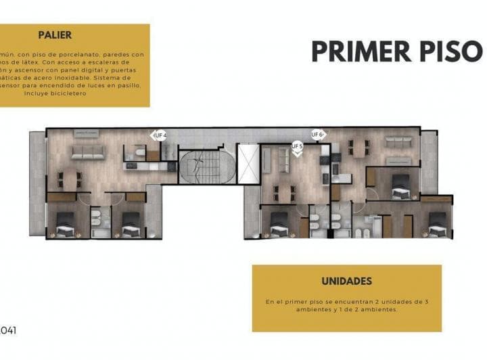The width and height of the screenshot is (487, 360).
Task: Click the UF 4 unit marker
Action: click(159, 135)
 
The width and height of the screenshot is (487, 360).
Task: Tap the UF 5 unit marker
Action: click(296, 145)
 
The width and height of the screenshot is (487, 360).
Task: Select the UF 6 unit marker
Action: click(317, 134)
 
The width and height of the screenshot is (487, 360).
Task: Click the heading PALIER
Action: click(55, 35)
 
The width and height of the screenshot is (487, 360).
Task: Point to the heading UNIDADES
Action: click(346, 281)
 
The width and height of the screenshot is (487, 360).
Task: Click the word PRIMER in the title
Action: click(361, 51)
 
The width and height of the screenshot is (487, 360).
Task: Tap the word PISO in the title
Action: click(450, 51)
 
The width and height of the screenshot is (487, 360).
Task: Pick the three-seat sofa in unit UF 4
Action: click(88, 152)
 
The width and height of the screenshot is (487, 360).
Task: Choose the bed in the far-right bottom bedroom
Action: click(437, 224)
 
